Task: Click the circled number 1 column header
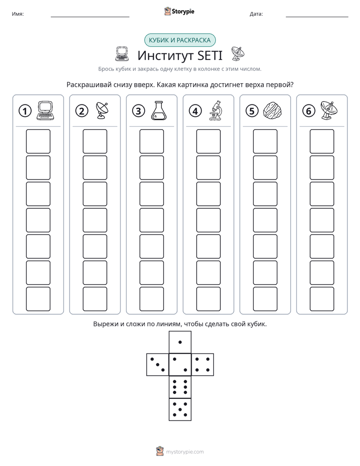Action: click(x=25, y=111)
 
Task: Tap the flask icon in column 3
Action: click(x=159, y=110)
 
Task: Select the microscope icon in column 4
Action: click(x=215, y=110)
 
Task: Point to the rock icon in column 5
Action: click(x=272, y=111)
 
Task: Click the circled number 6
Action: click(x=309, y=111)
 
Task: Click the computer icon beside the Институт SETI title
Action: click(x=122, y=54)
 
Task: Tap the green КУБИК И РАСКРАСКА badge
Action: click(x=179, y=40)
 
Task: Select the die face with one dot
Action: click(x=180, y=342)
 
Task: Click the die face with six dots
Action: click(x=180, y=387)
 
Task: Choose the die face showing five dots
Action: click(x=180, y=410)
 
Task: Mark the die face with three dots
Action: click(x=158, y=365)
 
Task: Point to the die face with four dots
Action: click(x=203, y=365)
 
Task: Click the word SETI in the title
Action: click(x=210, y=55)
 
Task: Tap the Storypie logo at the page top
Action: click(x=179, y=11)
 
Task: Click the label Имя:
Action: click(x=18, y=14)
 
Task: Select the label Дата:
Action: click(x=256, y=14)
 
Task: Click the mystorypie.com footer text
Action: click(x=185, y=452)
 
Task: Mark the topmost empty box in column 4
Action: click(x=209, y=141)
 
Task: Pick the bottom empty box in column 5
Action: click(x=265, y=299)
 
